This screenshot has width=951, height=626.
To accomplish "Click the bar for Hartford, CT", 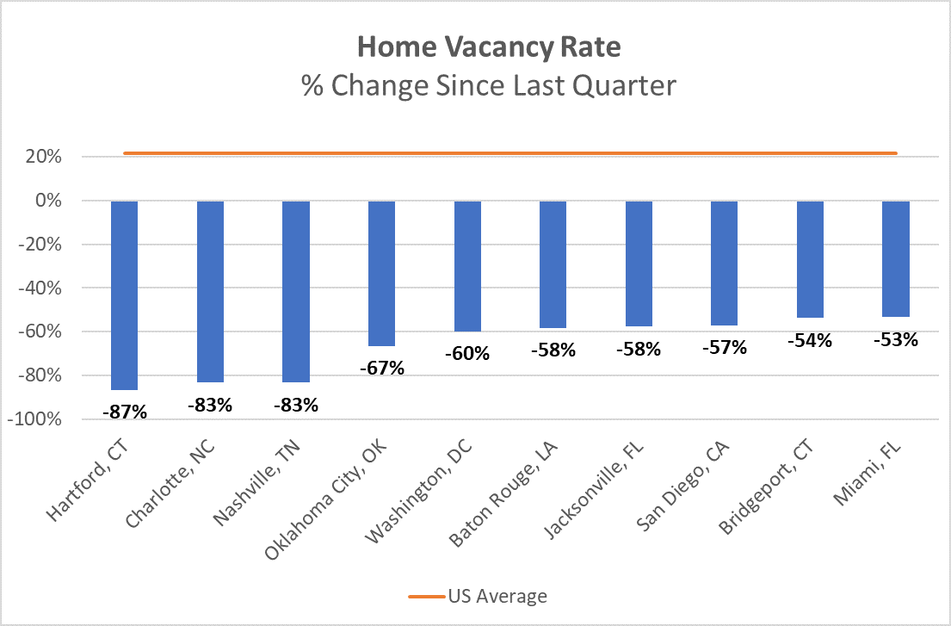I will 124,294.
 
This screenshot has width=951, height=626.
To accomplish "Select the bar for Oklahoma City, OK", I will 381,273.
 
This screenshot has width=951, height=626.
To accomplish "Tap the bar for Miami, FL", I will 896,258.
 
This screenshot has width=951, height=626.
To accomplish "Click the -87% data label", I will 125,412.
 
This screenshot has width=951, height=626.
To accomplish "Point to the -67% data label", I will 382,369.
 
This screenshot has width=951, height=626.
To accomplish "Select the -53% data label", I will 896,339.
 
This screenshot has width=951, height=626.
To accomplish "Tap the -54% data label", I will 810,340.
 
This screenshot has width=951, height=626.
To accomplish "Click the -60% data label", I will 468,354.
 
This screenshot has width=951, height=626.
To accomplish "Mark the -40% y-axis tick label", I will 40,288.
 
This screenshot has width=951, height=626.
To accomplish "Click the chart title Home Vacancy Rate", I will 488,47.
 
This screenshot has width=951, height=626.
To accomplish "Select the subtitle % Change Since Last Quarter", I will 488,86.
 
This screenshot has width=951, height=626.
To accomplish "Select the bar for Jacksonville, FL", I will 639,263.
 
